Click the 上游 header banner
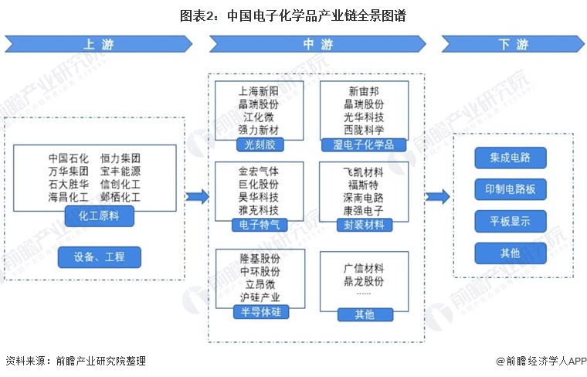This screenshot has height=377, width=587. [99, 45]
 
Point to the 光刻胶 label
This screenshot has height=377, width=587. [260, 144]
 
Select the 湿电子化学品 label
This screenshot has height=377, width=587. [363, 144]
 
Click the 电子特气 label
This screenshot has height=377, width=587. [260, 225]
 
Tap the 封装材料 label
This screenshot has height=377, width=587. [363, 225]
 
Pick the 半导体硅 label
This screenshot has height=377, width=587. [260, 311]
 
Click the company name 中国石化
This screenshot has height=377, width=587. [68, 158]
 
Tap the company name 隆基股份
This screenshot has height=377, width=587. [260, 259]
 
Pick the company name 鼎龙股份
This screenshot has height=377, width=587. [363, 280]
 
